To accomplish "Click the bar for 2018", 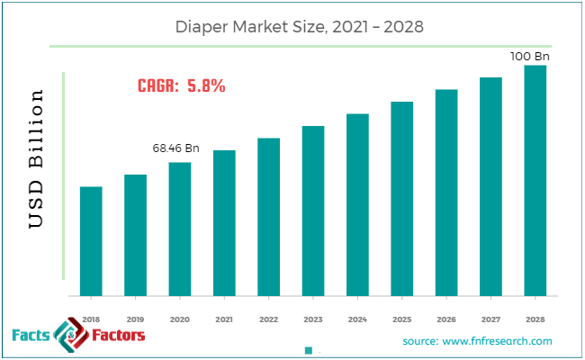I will [x=91, y=241].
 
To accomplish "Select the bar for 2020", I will [x=180, y=229].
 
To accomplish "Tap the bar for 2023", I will [x=312, y=211].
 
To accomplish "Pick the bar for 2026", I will [x=446, y=193].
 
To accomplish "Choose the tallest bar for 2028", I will [x=535, y=180].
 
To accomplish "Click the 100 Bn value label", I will [x=531, y=56].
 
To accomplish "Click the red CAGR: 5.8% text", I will [x=181, y=86].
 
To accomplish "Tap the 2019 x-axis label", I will [x=135, y=319].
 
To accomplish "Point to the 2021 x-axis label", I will [x=224, y=319].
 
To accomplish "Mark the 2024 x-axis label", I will [x=357, y=319].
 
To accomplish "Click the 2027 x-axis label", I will [x=490, y=319].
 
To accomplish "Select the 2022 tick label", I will [x=268, y=319].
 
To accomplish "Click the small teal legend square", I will [x=308, y=350].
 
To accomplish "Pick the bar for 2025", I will [x=401, y=199].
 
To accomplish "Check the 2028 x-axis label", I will [x=535, y=319].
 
